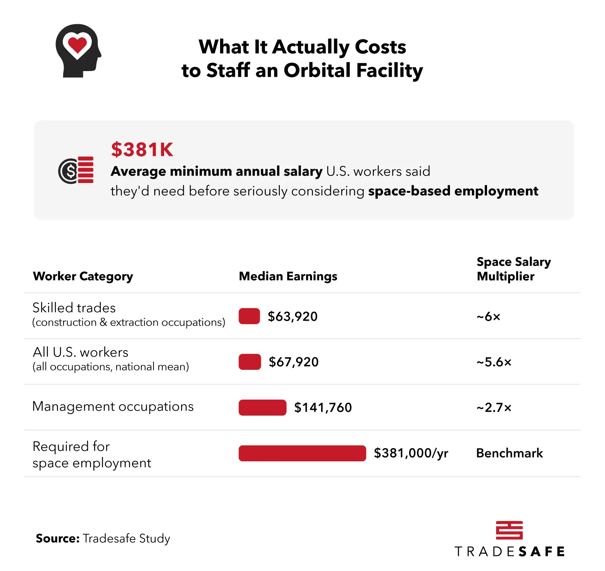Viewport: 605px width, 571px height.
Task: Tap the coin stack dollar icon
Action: point(76,170)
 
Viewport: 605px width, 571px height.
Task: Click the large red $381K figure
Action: point(142,149)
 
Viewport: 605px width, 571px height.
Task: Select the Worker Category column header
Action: point(83,276)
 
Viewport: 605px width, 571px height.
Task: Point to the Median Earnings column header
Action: point(288,276)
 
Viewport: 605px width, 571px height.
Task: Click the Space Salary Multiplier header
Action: point(513,269)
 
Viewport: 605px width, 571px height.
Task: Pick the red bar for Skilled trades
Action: point(249,316)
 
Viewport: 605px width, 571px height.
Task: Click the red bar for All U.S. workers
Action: point(250,362)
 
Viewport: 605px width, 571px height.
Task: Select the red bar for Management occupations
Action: point(262,408)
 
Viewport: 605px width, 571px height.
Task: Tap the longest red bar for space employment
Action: point(302,453)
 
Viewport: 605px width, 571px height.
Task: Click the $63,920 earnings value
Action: point(293,317)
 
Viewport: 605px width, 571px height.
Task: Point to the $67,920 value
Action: point(293,362)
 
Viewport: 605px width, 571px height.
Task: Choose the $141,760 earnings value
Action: point(323,408)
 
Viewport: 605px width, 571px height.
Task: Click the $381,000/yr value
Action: point(411,453)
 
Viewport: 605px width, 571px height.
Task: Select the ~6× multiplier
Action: point(488,317)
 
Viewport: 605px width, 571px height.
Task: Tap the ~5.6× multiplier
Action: point(494,362)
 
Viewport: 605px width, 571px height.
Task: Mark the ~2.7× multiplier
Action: point(494,408)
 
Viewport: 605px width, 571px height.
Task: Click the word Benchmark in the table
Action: point(509,453)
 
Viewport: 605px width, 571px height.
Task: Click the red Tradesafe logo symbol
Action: point(509,530)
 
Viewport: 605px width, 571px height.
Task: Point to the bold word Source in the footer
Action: point(57,538)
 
